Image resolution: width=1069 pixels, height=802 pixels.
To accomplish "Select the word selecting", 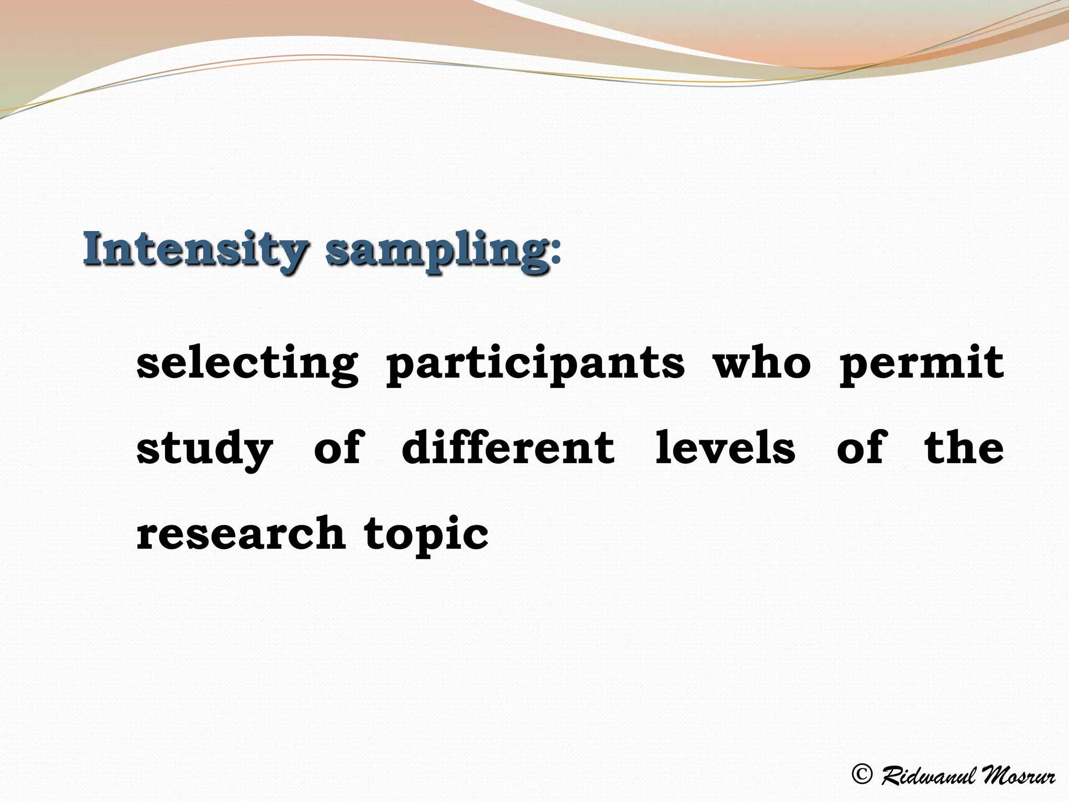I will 247,364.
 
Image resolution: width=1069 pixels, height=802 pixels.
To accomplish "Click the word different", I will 508,447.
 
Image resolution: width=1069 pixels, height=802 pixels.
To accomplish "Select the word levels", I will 725,447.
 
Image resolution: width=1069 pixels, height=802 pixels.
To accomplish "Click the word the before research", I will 964,447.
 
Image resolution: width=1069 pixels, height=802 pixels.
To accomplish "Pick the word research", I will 241,533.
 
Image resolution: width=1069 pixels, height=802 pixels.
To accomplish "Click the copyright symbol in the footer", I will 861,774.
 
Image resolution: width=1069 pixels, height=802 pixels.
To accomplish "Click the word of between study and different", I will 337,447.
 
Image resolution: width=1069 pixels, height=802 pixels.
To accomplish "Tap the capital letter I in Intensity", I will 94,249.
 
